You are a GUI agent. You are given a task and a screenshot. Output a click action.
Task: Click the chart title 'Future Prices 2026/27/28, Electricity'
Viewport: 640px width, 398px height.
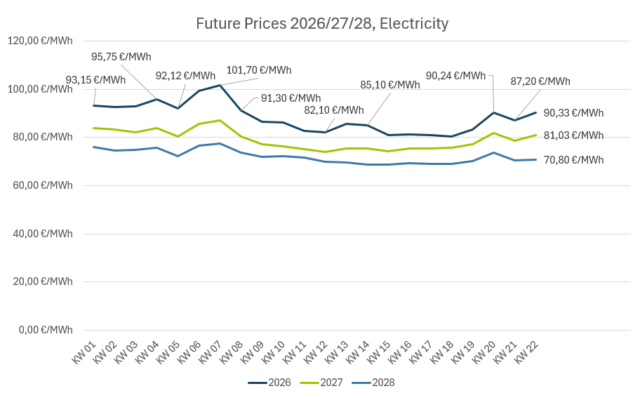coord(322,24)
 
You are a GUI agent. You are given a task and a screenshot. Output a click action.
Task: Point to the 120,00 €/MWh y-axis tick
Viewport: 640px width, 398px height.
coord(40,41)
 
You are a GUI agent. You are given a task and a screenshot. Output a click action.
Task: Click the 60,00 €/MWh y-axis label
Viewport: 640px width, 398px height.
coord(40,185)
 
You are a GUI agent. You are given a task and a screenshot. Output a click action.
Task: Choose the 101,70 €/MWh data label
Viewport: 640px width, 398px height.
coord(258,70)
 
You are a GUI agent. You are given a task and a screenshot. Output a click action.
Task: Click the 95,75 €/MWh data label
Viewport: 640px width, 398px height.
coord(121,57)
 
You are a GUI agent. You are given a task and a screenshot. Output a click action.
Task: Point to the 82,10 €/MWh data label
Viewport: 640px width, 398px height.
coord(333,110)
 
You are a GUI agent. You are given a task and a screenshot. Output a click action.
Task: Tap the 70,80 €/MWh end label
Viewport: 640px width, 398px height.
coord(573,160)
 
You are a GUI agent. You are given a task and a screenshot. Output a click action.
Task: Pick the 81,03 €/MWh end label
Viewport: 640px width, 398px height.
coord(573,135)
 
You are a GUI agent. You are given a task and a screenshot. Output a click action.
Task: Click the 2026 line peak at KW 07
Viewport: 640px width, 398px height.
coord(220,86)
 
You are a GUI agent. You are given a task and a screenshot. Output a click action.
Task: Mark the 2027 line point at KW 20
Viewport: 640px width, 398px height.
coord(494,133)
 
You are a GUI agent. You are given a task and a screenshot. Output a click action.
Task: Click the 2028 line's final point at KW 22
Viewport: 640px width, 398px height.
coord(536,159)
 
